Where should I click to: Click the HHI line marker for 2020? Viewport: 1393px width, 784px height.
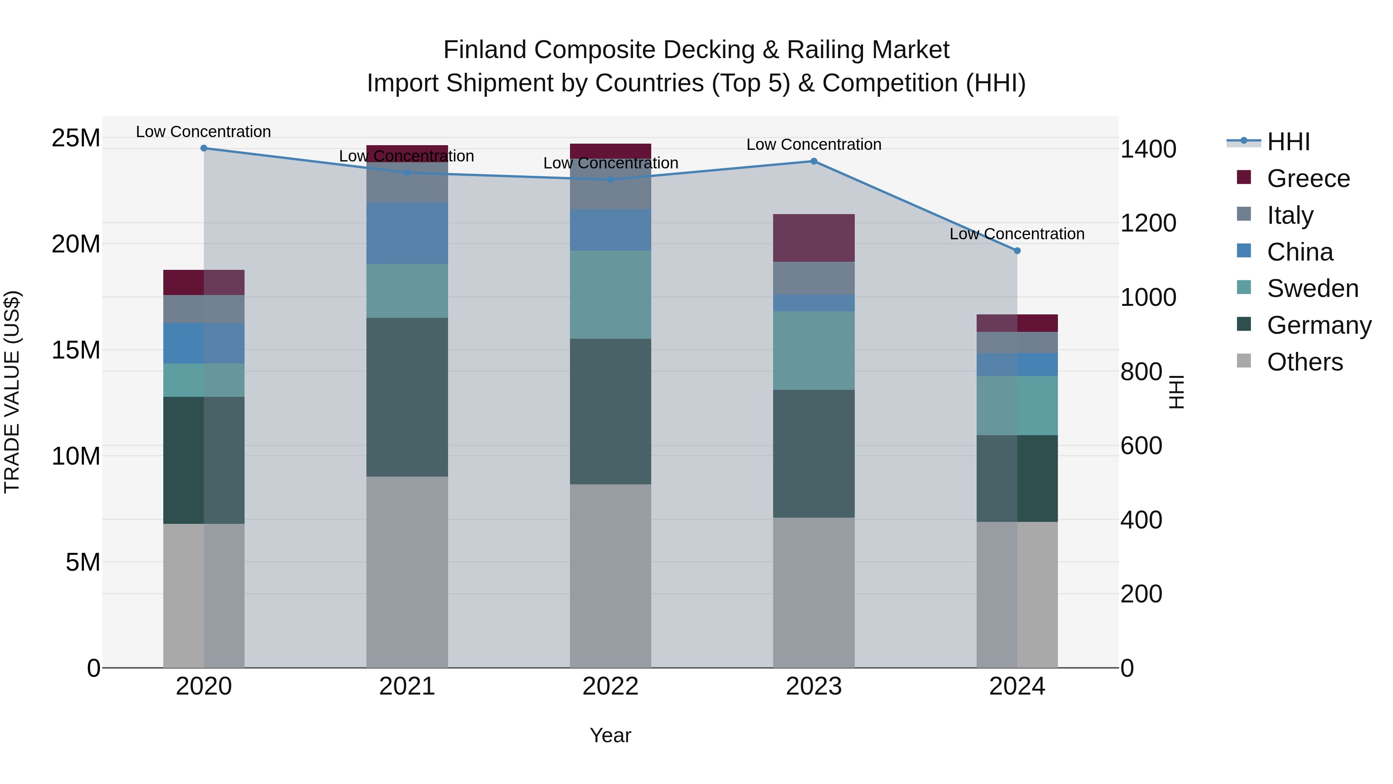coord(204,148)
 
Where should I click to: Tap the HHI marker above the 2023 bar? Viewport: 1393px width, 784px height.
coord(814,161)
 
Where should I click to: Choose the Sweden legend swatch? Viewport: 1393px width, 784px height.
coord(1244,288)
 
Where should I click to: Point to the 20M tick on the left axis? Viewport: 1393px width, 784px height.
coord(76,244)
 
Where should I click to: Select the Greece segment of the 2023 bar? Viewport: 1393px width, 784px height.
coord(813,238)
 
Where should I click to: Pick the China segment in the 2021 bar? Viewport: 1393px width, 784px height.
coord(407,233)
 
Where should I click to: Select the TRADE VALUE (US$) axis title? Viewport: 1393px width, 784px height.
coord(12,392)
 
